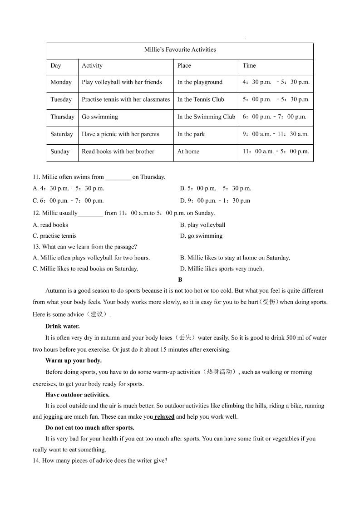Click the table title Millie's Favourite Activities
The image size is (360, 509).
(x=180, y=50)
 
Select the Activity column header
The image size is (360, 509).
(x=92, y=66)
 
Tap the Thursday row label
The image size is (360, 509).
(x=62, y=117)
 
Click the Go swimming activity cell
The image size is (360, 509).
(x=100, y=117)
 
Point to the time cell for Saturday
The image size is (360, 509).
(x=276, y=134)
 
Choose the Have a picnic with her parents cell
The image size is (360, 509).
(x=120, y=134)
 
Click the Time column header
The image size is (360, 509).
(x=249, y=66)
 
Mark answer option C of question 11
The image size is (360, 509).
(x=69, y=201)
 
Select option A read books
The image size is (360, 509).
(x=50, y=225)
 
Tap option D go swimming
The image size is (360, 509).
(x=201, y=236)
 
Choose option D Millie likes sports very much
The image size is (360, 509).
(x=222, y=269)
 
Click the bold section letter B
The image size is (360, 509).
(x=180, y=280)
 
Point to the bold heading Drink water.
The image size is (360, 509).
(x=63, y=326)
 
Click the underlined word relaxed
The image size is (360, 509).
(x=164, y=417)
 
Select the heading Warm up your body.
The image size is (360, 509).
(x=74, y=361)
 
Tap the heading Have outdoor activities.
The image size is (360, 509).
(x=77, y=395)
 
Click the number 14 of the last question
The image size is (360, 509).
(x=36, y=461)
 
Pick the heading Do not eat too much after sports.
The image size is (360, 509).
(x=90, y=428)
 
